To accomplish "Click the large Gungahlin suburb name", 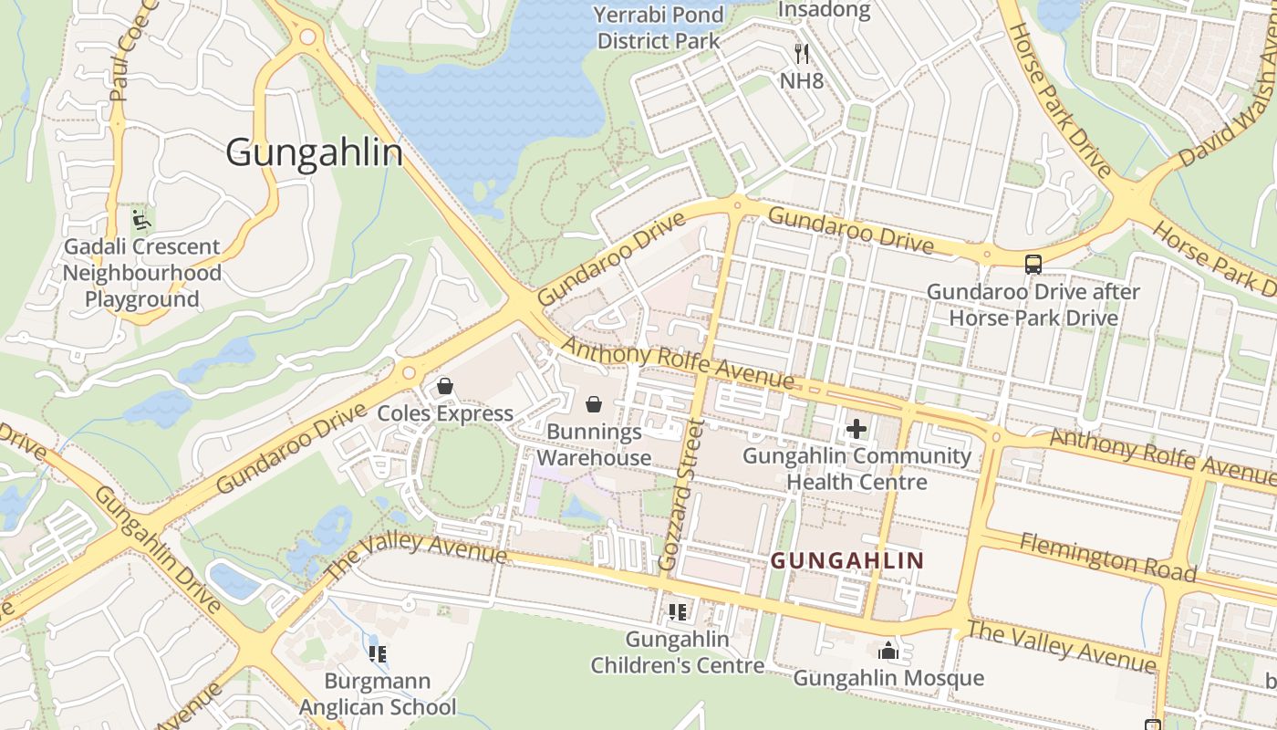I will click(x=314, y=152).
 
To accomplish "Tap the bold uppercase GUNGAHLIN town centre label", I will click(x=847, y=560).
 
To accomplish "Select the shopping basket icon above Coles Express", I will click(x=445, y=386).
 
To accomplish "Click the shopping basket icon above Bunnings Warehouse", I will click(x=594, y=403).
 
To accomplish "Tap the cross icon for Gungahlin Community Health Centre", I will click(x=857, y=428).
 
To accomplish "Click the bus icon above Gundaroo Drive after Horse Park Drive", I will click(x=1033, y=265).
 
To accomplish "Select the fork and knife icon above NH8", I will click(x=802, y=54).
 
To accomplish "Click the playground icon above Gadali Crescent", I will click(x=141, y=219).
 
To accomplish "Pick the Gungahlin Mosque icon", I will click(x=888, y=651).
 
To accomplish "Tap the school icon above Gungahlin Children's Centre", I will click(x=677, y=612).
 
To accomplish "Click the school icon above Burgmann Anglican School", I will click(x=378, y=653).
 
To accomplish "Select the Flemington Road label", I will click(x=1107, y=558).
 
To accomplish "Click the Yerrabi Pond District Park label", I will click(x=659, y=28).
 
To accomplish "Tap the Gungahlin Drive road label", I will click(x=157, y=549).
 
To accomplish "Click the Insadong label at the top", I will click(x=824, y=12).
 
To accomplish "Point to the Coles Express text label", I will click(x=445, y=413).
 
